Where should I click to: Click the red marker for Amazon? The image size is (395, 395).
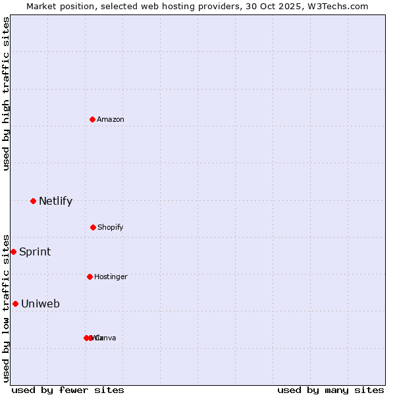point(92,119)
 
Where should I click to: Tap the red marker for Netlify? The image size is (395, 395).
point(33,201)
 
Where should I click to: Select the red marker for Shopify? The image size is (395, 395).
point(93,227)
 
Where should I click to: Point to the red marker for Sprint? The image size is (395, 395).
point(13,251)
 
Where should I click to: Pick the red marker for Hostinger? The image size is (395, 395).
point(90,276)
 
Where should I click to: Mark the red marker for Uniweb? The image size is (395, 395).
point(15,303)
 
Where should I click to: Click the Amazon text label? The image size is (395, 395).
point(111,119)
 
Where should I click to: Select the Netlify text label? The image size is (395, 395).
point(55,201)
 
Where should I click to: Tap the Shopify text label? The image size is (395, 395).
point(111,227)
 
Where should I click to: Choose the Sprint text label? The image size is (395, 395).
point(35,252)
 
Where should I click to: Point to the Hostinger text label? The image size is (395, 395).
point(111,276)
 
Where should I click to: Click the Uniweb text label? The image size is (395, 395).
point(40,304)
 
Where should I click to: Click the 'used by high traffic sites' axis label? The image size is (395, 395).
point(7,93)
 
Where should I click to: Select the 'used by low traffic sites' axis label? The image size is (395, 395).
point(7,307)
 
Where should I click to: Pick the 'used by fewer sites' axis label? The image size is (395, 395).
point(68,390)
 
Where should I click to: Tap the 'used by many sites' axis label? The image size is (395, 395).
point(330,390)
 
